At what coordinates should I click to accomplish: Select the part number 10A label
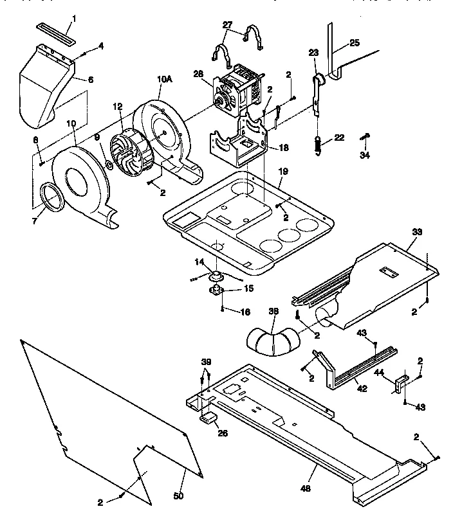(x=165, y=80)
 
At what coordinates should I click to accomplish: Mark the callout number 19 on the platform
(x=282, y=172)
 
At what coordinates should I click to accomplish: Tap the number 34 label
(x=364, y=155)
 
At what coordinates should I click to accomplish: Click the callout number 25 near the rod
(x=355, y=43)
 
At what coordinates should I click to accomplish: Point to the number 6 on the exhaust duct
(x=90, y=80)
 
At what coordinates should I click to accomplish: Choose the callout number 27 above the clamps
(x=227, y=25)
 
